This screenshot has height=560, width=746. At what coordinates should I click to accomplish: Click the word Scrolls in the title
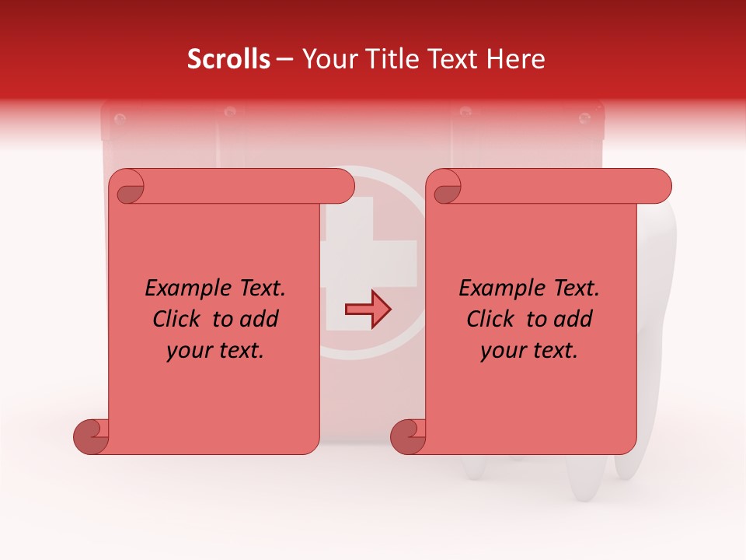(228, 59)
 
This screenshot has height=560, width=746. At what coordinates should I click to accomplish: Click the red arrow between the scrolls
(368, 310)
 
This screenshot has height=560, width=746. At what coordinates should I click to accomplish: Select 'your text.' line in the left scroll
(215, 351)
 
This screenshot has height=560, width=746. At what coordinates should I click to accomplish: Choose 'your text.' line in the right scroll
(529, 351)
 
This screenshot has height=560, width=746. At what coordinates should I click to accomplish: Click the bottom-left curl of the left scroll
(91, 436)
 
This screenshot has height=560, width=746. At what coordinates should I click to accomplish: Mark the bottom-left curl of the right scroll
(408, 436)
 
